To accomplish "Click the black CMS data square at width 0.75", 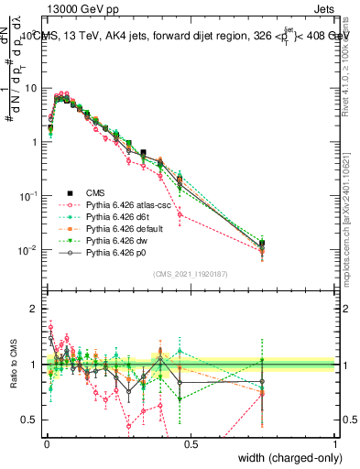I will point(262,244).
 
